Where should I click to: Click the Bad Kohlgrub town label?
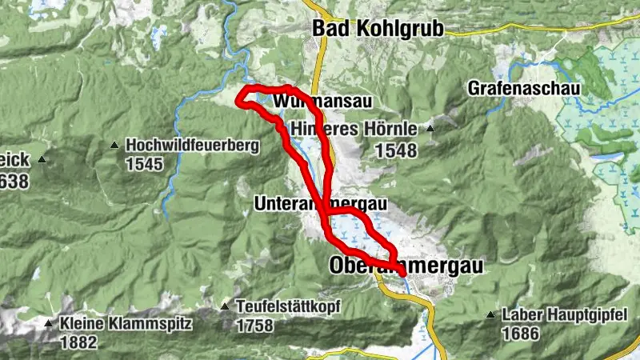tap(377, 28)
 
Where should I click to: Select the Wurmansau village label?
tap(322, 102)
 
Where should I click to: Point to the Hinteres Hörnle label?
tap(354, 128)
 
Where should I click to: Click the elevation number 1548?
tap(395, 150)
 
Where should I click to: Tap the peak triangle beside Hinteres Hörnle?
tap(430, 128)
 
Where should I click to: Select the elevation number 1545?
tap(144, 165)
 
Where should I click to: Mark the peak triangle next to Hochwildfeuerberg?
tap(115, 146)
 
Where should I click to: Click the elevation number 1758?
tap(254, 326)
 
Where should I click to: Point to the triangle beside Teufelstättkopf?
tap(226, 306)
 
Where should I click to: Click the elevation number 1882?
tap(78, 342)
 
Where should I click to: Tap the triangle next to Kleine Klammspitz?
tap(48, 324)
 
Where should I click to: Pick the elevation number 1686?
tap(520, 334)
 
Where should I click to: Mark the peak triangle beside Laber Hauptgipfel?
tap(490, 315)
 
